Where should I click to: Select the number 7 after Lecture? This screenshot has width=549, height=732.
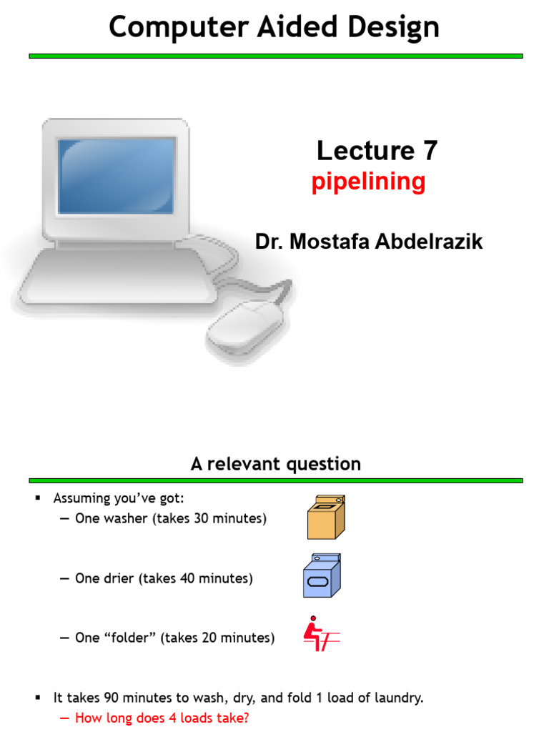(429, 151)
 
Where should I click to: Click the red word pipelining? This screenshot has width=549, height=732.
(368, 182)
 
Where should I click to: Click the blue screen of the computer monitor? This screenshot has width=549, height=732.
(117, 175)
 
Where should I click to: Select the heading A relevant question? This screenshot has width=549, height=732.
(275, 464)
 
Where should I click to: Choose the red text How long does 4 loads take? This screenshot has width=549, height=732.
(162, 718)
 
